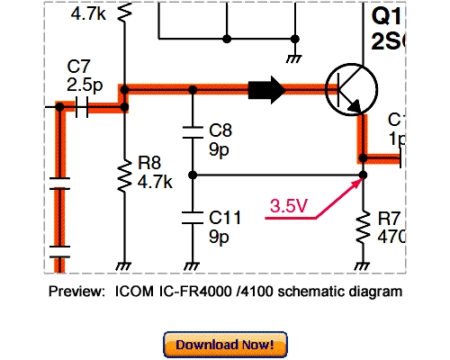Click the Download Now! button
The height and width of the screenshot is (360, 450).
pos(224,345)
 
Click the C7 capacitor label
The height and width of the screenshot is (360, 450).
pos(78,67)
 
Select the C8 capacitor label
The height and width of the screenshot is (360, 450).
pos(220,129)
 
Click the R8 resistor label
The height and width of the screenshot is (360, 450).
pos(148,164)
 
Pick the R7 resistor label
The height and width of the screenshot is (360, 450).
pos(389,218)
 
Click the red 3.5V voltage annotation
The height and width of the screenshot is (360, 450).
pos(289,207)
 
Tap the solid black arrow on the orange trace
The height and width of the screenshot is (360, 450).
pos(266,89)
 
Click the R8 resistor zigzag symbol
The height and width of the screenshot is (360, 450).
pos(123,175)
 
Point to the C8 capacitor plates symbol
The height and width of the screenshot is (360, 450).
pos(192,132)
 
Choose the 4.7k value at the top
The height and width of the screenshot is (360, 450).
pos(88,14)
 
